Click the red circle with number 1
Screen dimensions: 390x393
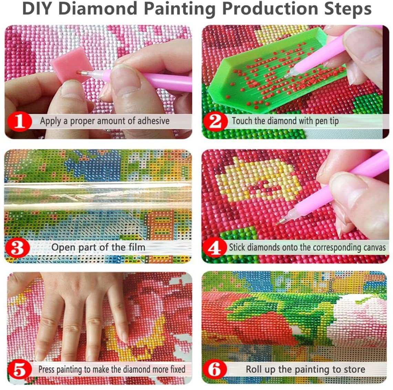point(19,121)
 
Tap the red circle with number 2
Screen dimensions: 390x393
point(215,121)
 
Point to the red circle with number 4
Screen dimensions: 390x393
point(215,247)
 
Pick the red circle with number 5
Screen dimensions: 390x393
point(19,370)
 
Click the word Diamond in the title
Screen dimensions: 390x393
point(100,9)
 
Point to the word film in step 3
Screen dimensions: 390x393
point(137,247)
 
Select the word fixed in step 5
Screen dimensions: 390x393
point(178,369)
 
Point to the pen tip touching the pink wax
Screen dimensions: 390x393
point(80,72)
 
